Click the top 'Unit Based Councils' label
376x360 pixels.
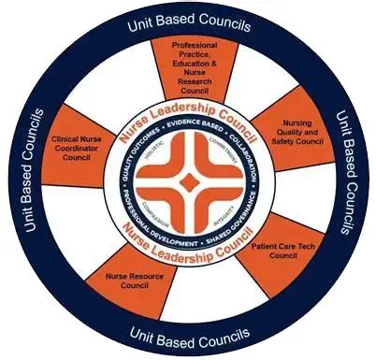click(187, 25)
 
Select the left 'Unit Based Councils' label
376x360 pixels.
click(35, 178)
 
